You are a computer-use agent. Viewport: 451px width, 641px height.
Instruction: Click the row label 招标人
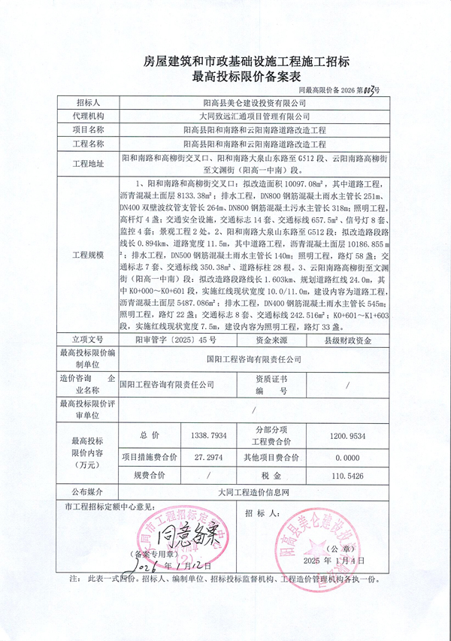[x=88, y=102]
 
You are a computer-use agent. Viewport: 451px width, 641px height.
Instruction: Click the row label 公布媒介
[x=88, y=492]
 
